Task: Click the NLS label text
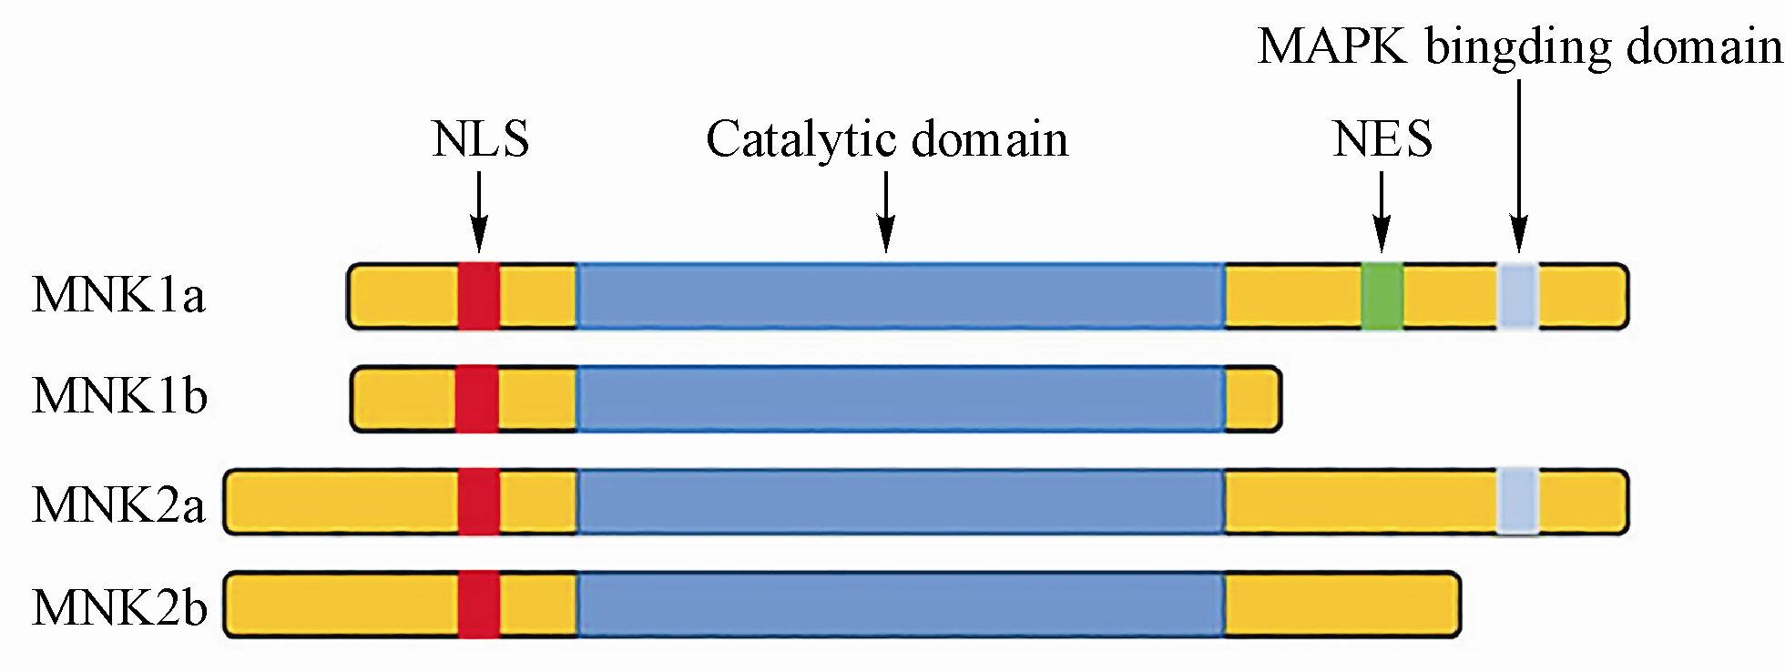pyautogui.click(x=480, y=139)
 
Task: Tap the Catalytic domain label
pyautogui.click(x=886, y=140)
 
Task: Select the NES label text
pyautogui.click(x=1382, y=139)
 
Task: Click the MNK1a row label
pyautogui.click(x=118, y=295)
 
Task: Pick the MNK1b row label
pyautogui.click(x=119, y=396)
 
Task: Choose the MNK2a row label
pyautogui.click(x=118, y=504)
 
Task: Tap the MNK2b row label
pyautogui.click(x=119, y=607)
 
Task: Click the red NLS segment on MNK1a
pyautogui.click(x=479, y=296)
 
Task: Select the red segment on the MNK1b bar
pyautogui.click(x=477, y=399)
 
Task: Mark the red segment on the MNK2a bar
pyautogui.click(x=479, y=502)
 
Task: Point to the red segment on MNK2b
pyautogui.click(x=479, y=605)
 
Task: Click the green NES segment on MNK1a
pyautogui.click(x=1382, y=296)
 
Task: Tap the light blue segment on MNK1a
pyautogui.click(x=1518, y=296)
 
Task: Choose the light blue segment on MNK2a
pyautogui.click(x=1518, y=502)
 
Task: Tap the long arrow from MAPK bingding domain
pyautogui.click(x=1518, y=164)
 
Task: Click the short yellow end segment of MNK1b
pyautogui.click(x=1252, y=399)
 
